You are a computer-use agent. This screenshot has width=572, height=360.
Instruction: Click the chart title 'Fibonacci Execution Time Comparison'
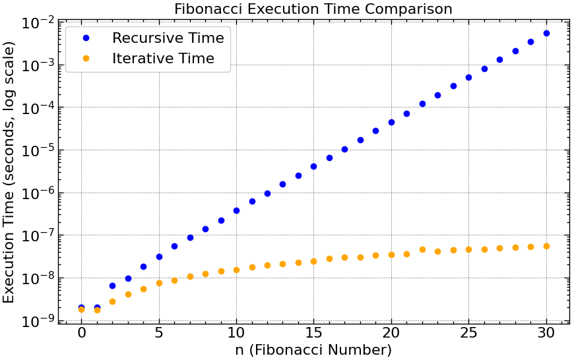point(313,9)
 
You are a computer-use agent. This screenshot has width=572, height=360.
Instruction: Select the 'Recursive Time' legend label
point(168,38)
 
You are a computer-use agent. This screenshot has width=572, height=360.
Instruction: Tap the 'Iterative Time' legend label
point(163,59)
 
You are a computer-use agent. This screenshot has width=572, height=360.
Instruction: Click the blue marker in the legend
point(85,38)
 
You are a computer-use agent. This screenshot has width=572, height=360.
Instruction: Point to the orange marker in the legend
point(85,59)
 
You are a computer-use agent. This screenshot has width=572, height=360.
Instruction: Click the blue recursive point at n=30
point(546,33)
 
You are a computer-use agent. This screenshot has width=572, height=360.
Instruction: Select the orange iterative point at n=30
point(546,246)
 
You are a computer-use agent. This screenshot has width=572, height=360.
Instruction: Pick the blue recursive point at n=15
point(313,166)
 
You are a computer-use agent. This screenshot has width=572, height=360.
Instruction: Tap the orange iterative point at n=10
point(236,270)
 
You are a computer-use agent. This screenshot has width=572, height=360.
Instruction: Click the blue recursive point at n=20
point(391,122)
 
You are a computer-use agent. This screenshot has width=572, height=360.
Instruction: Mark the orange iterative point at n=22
point(422,249)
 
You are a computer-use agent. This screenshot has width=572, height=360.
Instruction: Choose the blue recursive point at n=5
point(159,256)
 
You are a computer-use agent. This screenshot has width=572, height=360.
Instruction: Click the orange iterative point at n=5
point(159,283)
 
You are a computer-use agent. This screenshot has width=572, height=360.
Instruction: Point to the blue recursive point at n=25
point(468,77)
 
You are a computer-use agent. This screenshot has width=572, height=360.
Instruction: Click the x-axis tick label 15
point(313,334)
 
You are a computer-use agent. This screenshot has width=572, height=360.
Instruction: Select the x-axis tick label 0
point(81,334)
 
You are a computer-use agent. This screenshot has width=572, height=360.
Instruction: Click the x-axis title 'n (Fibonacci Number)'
point(313,350)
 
